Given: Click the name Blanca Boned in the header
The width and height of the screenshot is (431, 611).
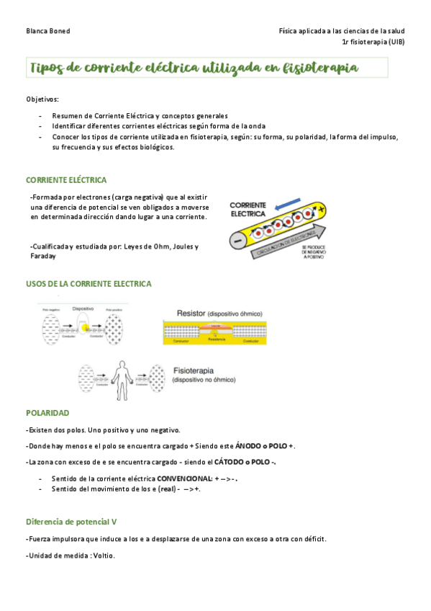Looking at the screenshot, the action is click(x=48, y=32).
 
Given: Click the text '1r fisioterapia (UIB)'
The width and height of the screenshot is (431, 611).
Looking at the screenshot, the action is click(x=373, y=43).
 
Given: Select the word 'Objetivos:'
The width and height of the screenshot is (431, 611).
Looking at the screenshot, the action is click(x=43, y=99).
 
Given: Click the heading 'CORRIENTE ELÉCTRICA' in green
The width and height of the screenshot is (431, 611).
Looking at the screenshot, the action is click(x=66, y=179).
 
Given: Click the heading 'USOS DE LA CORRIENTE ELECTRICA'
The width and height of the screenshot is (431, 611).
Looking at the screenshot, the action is click(x=89, y=284).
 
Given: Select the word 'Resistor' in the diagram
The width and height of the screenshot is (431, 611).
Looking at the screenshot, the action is click(x=191, y=313).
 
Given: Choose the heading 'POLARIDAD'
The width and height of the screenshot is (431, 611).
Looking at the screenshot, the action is click(x=47, y=413).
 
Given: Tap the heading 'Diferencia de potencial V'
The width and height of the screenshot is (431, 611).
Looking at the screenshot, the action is click(x=71, y=521).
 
